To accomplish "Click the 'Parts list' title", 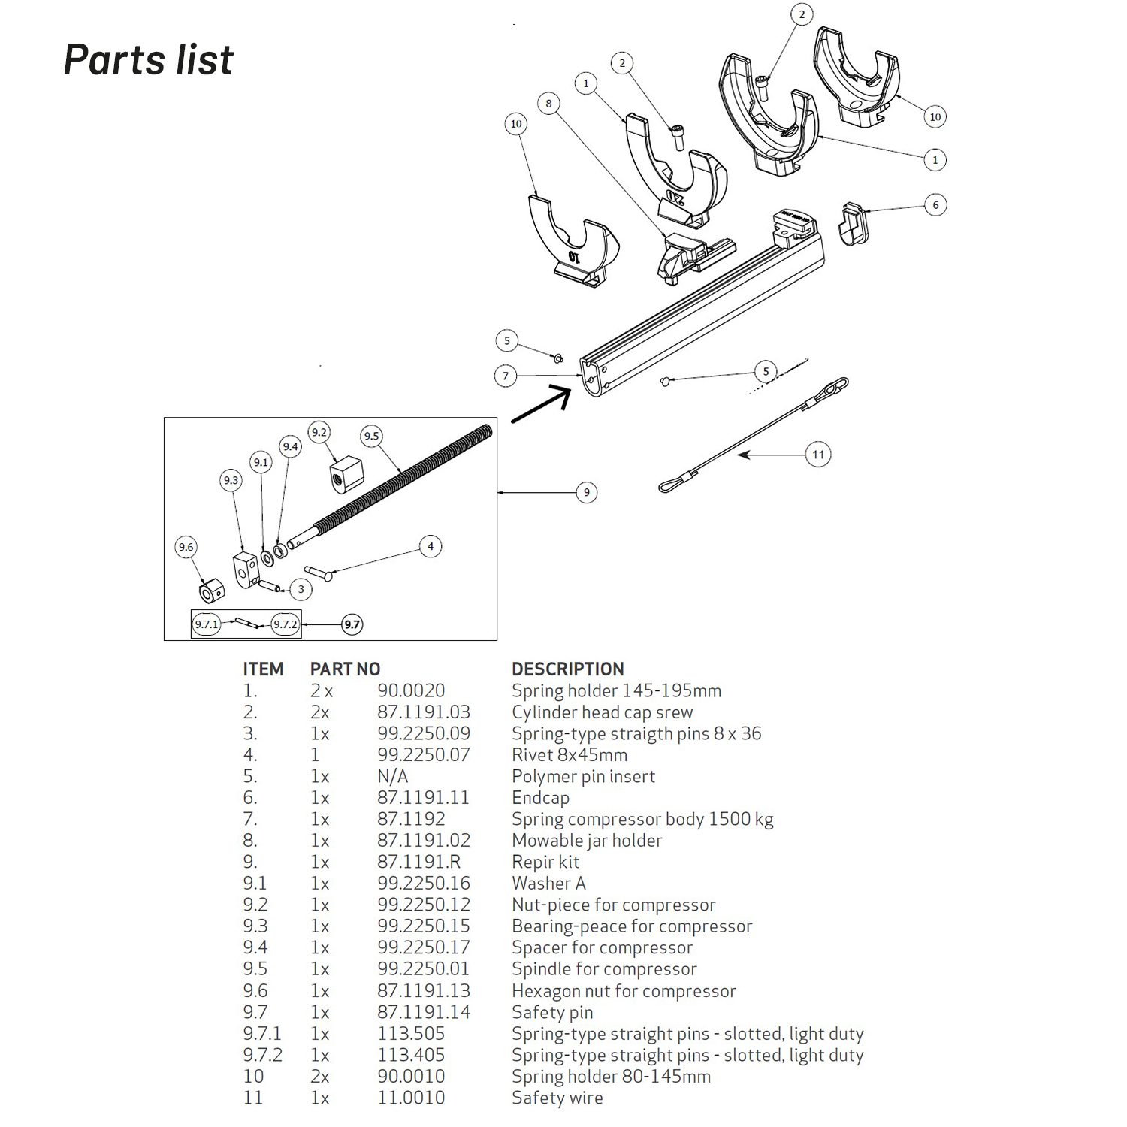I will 149,59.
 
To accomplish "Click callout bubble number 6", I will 935,204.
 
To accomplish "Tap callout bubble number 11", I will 818,454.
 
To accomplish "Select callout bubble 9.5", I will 371,436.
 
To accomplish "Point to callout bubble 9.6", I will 186,547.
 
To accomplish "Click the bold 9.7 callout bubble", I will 352,624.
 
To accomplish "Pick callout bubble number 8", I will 549,104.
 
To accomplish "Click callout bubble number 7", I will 506,376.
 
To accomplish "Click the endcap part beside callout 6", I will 851,222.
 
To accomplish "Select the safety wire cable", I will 751,436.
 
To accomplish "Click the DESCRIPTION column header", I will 567,669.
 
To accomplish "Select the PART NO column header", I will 345,669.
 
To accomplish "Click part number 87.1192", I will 411,819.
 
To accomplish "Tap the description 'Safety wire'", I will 557,1098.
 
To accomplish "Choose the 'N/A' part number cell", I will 392,776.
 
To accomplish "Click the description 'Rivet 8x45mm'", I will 570,754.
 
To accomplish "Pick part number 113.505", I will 411,1033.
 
